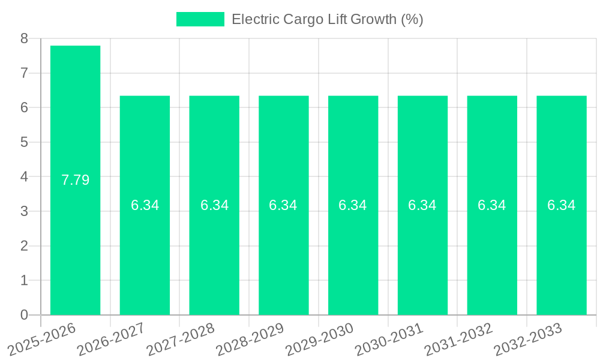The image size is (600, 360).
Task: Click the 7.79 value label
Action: click(x=76, y=180)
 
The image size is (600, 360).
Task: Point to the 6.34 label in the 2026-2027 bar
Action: click(x=145, y=205)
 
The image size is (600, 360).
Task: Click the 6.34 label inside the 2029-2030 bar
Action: click(x=353, y=205)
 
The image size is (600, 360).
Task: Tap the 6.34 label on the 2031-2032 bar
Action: click(x=491, y=205)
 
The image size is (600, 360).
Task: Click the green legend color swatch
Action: click(x=200, y=19)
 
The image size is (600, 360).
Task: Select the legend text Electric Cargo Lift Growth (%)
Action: click(x=327, y=19)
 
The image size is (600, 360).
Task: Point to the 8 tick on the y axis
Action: click(x=24, y=38)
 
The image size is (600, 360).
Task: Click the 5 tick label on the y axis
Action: click(x=24, y=142)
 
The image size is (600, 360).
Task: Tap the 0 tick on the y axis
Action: click(x=24, y=315)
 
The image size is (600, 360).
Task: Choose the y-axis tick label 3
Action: click(x=24, y=211)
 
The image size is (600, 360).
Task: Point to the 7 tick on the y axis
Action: click(x=24, y=73)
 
